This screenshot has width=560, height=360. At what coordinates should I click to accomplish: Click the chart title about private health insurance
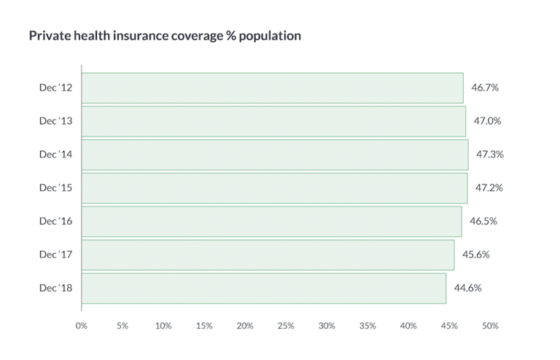[x=165, y=36]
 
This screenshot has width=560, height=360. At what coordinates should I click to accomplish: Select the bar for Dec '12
[x=272, y=87]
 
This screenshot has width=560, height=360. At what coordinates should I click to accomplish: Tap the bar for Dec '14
[x=274, y=154]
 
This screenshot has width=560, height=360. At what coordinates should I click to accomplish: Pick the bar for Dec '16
[x=271, y=221]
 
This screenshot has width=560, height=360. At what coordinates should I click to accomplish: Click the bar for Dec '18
[x=263, y=288]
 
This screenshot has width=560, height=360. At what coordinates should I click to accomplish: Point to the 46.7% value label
[x=485, y=87]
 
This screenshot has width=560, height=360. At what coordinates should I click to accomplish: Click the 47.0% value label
[x=487, y=121]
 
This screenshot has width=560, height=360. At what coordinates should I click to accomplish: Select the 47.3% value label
[x=490, y=154]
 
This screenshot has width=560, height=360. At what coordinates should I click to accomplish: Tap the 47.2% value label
[x=489, y=187]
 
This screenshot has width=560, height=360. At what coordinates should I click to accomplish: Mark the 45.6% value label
[x=475, y=254]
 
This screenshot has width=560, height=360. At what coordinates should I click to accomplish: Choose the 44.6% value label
[x=467, y=288]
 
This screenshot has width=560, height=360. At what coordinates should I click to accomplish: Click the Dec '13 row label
[x=55, y=121]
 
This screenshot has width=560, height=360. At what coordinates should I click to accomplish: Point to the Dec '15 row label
[x=55, y=187]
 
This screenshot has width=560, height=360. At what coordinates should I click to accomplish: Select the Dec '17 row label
[x=55, y=254]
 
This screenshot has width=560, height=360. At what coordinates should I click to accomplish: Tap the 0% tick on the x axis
[x=82, y=326]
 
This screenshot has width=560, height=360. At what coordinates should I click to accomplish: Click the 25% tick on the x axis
[x=286, y=326]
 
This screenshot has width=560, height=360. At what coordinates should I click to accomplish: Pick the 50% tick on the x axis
[x=490, y=326]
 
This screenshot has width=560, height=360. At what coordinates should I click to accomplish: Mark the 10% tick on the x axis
[x=163, y=326]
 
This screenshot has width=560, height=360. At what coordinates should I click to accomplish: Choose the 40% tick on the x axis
[x=408, y=326]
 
